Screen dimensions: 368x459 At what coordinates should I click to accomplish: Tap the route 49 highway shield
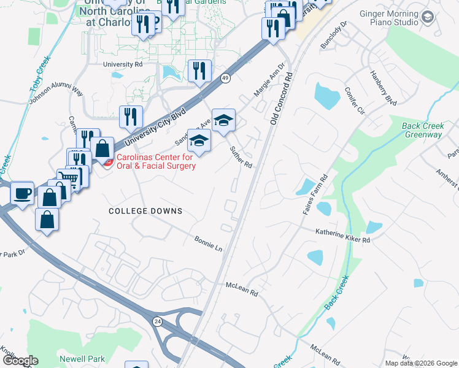[226, 78]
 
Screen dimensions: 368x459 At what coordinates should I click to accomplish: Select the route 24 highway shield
[158, 321]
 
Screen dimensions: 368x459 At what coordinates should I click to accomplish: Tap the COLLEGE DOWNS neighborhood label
[145, 211]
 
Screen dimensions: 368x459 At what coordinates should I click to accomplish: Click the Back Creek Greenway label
[422, 130]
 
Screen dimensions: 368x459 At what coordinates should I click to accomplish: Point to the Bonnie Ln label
[208, 243]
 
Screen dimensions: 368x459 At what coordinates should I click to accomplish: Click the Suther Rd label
[241, 157]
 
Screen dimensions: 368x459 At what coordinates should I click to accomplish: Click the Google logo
[20, 361]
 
